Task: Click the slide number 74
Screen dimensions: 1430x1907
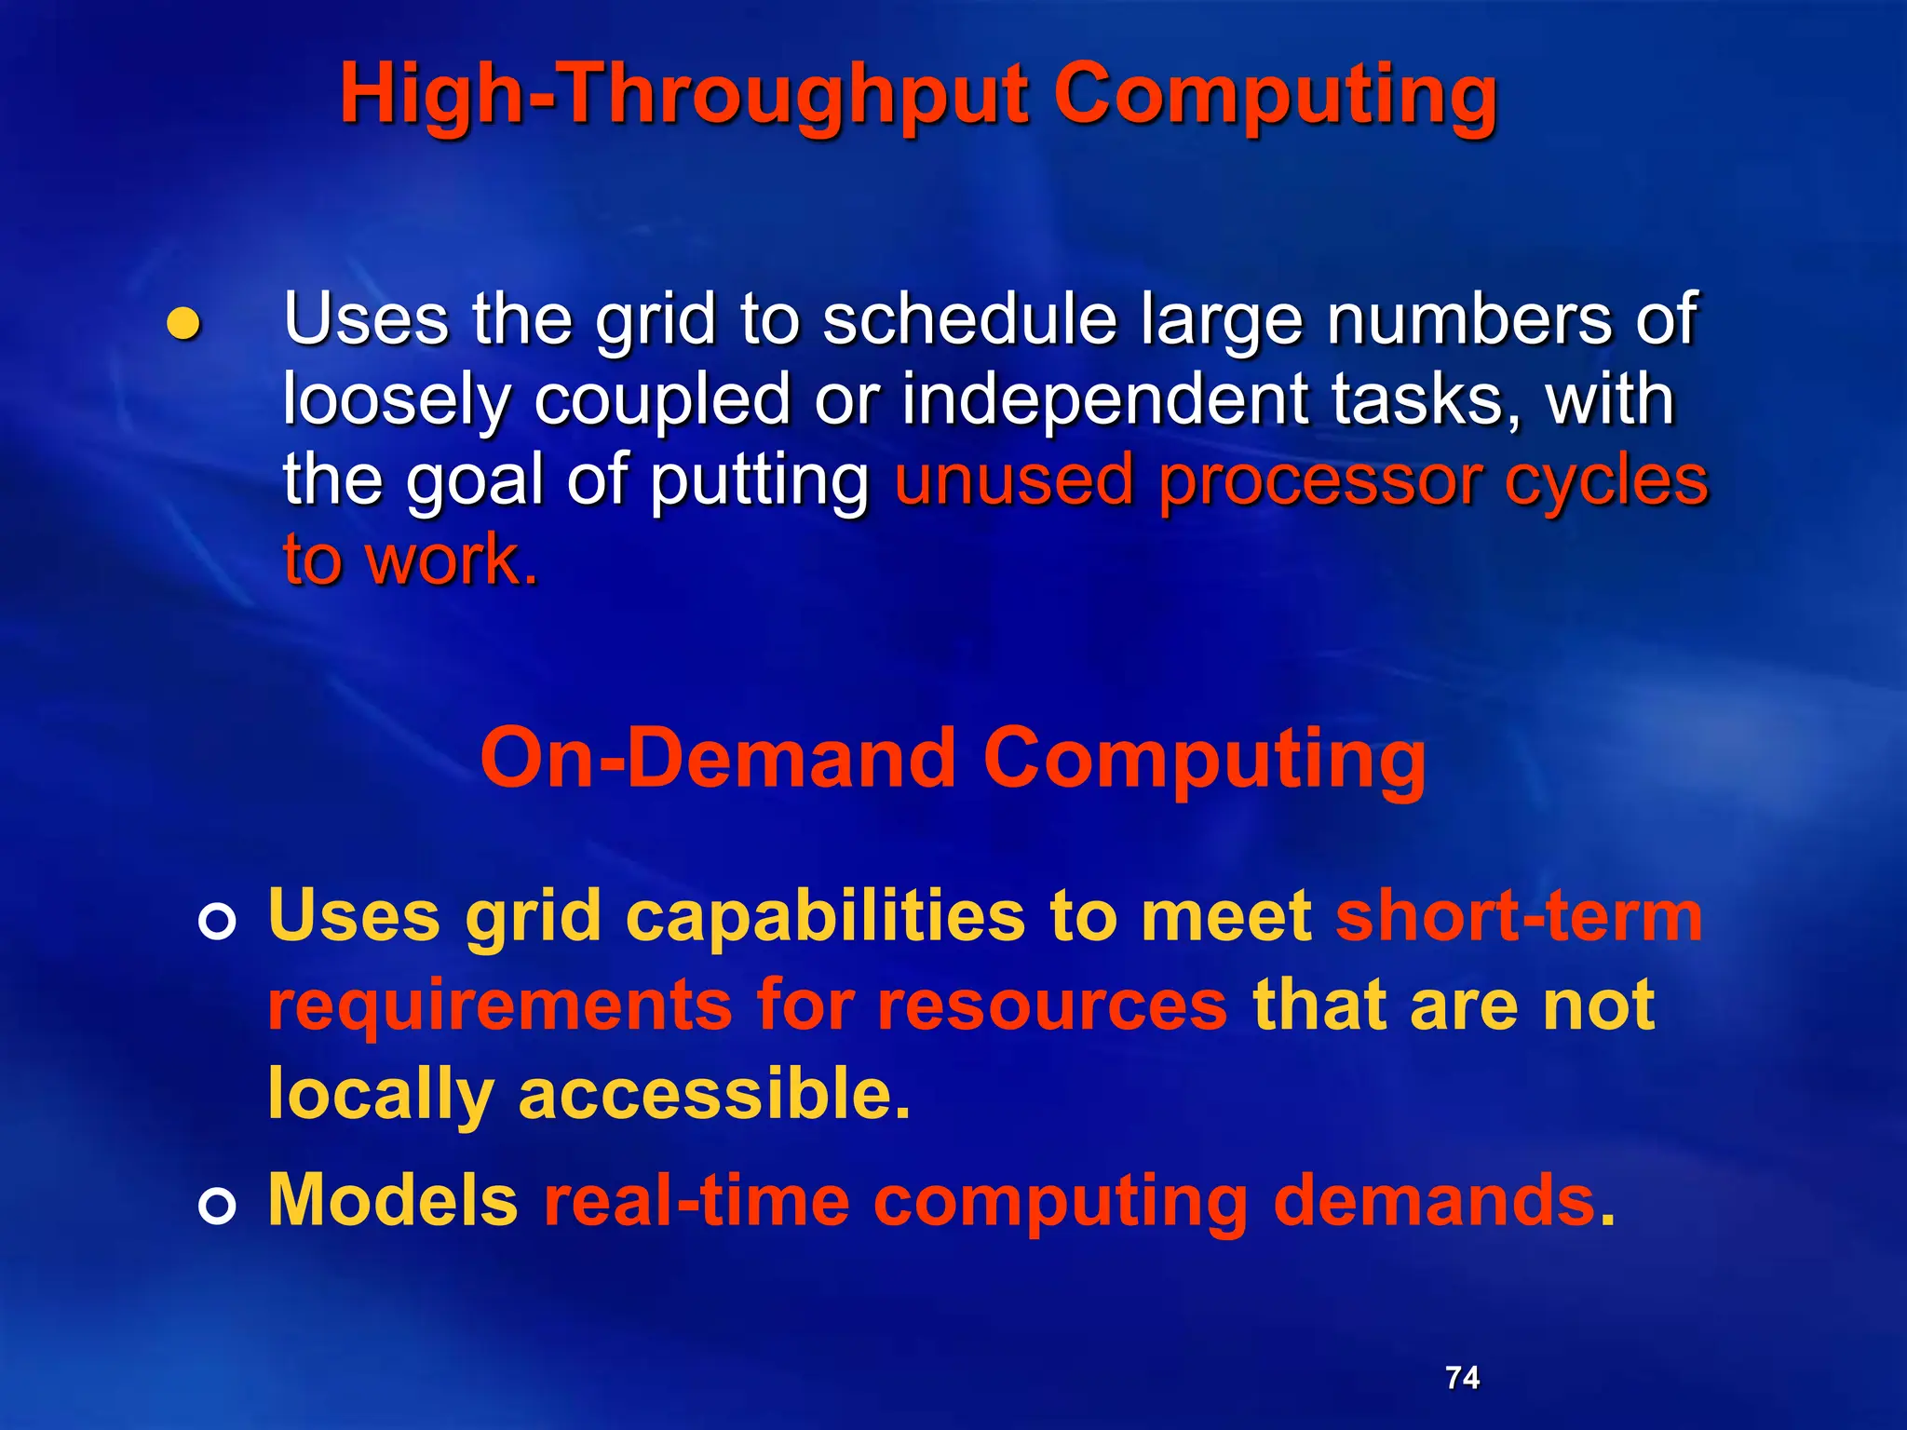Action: coord(1462,1377)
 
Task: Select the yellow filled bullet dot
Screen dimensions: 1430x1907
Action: coord(183,323)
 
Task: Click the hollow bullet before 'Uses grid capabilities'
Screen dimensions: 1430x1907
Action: coord(217,922)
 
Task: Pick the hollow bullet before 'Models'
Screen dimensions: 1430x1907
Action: coord(217,1207)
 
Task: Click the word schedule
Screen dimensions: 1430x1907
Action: coord(968,319)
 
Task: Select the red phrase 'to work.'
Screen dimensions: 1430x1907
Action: coord(410,561)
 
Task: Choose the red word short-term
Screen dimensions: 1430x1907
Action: coord(1518,916)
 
